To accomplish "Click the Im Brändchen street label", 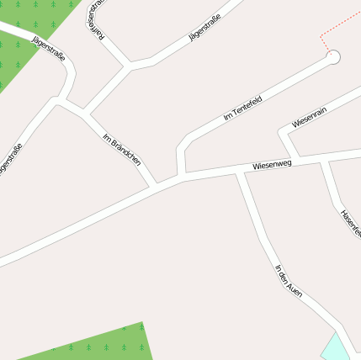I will [x=121, y=149].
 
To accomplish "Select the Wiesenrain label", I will [x=309, y=118].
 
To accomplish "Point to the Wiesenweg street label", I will [x=272, y=165].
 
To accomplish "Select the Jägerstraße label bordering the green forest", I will [x=48, y=49].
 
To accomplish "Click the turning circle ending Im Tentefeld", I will [x=333, y=57].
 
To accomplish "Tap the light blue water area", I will [x=337, y=347].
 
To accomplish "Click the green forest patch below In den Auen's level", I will [x=101, y=343].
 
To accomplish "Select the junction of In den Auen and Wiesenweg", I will [x=240, y=172].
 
